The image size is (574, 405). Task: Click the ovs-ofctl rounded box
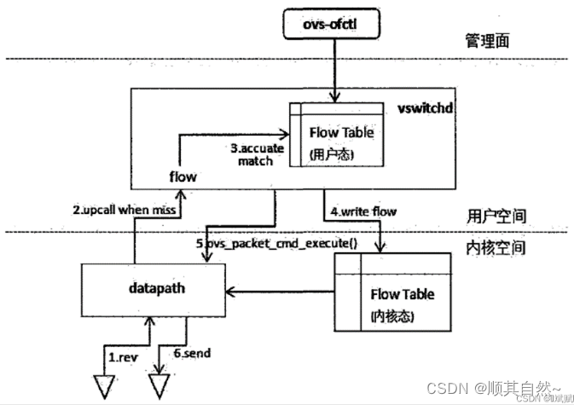click(x=328, y=21)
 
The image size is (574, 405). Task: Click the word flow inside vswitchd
click(x=183, y=177)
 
